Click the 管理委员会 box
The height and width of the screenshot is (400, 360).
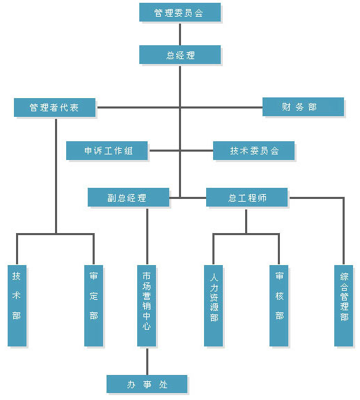point(180,13)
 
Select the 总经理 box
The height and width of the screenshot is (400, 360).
point(180,54)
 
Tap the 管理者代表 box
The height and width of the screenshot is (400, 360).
point(54,107)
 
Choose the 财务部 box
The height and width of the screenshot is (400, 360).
point(303,106)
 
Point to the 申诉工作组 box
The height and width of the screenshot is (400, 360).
point(107,150)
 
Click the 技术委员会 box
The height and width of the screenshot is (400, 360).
point(253,150)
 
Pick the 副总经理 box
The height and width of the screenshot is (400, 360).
point(128,197)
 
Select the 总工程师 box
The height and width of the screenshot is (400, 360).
point(246,197)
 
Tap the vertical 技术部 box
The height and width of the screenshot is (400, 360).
point(17,305)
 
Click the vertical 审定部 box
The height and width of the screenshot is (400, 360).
point(94,305)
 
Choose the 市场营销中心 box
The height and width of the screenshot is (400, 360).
point(146,305)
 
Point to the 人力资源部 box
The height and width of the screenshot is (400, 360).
point(214,305)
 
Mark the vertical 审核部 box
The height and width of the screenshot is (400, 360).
point(279,305)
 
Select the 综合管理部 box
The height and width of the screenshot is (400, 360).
point(344,305)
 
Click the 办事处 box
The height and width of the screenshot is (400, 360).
point(147,384)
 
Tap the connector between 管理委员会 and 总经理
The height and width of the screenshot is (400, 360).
point(180,35)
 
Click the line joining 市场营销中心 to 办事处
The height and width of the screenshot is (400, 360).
point(147,362)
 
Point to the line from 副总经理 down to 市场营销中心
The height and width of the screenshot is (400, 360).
point(147,237)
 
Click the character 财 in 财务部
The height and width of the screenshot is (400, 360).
point(286,106)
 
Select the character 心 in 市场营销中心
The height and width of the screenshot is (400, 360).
point(146,326)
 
